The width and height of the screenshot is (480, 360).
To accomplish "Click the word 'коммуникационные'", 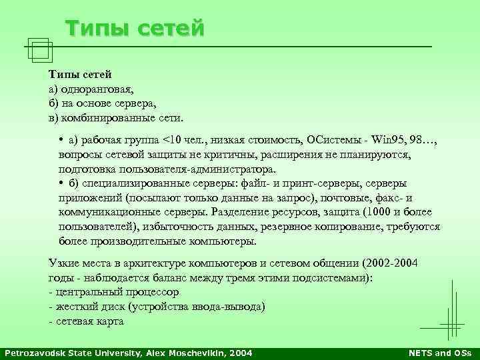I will click(107, 213).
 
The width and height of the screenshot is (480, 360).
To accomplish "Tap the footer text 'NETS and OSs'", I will click(439, 352).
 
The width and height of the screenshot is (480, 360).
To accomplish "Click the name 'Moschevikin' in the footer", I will click(197, 352).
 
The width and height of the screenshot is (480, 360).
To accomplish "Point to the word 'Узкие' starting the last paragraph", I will click(64, 262).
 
